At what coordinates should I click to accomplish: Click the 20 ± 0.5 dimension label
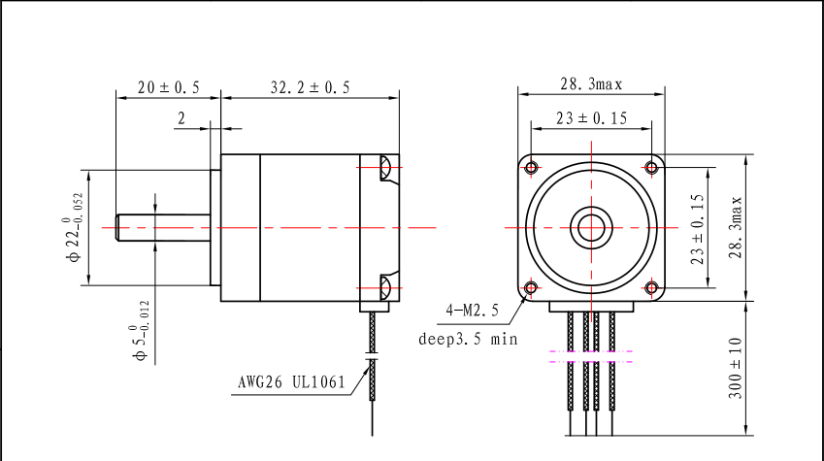pyautogui.click(x=168, y=87)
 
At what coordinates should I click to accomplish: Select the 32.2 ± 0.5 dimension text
pyautogui.click(x=311, y=87)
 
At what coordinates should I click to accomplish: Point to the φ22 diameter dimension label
pyautogui.click(x=74, y=228)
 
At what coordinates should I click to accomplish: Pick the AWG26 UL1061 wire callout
pyautogui.click(x=291, y=381)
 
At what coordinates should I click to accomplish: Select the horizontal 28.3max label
pyautogui.click(x=591, y=84)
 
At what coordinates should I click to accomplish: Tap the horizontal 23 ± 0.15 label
pyautogui.click(x=591, y=118)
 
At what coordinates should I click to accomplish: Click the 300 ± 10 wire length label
pyautogui.click(x=736, y=368)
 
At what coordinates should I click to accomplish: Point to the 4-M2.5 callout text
pyautogui.click(x=472, y=311)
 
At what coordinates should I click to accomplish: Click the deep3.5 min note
pyautogui.click(x=468, y=340)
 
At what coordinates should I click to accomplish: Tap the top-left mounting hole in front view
pyautogui.click(x=530, y=168)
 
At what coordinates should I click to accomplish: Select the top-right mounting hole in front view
pyautogui.click(x=651, y=168)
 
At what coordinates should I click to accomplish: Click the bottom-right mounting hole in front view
pyautogui.click(x=651, y=288)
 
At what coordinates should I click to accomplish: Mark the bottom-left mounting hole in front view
pyautogui.click(x=530, y=288)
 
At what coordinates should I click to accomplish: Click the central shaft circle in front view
pyautogui.click(x=590, y=228)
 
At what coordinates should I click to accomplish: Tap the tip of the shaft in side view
pyautogui.click(x=117, y=228)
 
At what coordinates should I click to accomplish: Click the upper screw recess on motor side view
pyautogui.click(x=384, y=168)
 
